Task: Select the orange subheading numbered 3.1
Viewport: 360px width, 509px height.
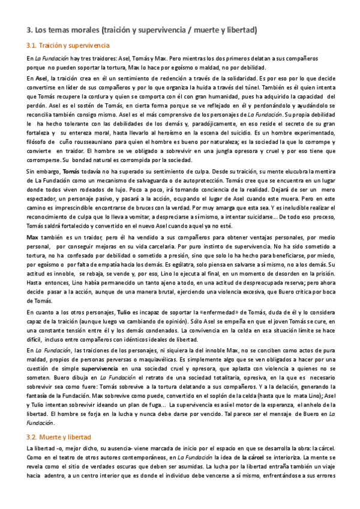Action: click(68, 45)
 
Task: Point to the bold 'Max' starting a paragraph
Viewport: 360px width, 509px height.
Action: click(32, 238)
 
